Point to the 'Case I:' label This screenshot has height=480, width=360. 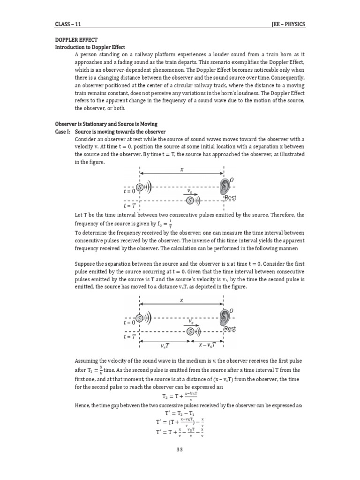[63, 132]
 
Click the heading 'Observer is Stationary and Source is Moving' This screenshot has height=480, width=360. [106, 124]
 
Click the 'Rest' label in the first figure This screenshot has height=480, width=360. [231, 198]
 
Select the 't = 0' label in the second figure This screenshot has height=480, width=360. [129, 322]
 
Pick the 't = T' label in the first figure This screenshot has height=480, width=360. [129, 205]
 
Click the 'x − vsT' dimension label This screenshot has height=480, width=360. [204, 345]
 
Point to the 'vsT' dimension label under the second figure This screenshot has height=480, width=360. [165, 345]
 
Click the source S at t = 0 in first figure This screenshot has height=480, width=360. [140, 187]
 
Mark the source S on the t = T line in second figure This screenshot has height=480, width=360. [190, 331]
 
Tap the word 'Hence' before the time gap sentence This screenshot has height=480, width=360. [84, 405]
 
